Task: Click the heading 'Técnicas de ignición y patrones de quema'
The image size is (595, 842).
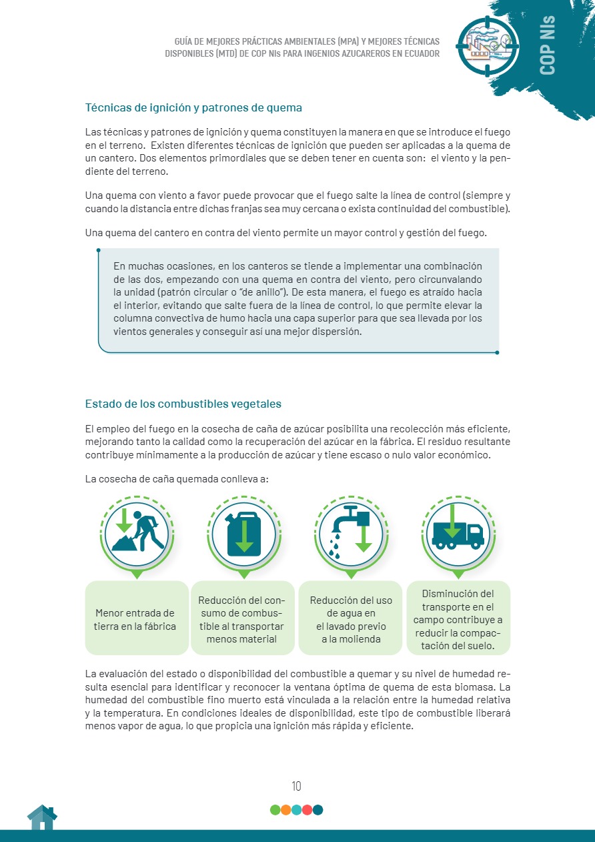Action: [193, 107]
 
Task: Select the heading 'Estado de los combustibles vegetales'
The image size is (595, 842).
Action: [183, 404]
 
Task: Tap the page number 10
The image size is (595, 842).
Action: [296, 786]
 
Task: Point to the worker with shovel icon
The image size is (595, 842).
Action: [137, 530]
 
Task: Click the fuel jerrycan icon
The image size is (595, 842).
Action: [243, 532]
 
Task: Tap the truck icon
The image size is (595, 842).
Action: [458, 530]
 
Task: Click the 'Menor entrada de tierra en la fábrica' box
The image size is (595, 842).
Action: [135, 619]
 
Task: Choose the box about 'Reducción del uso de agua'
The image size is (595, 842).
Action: [351, 619]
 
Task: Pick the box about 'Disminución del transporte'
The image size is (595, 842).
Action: [458, 619]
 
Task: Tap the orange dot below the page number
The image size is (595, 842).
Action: [285, 810]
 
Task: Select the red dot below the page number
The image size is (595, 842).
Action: [307, 810]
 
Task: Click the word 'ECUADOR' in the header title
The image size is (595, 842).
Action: [418, 53]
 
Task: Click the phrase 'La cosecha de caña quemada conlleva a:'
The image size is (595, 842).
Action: [177, 479]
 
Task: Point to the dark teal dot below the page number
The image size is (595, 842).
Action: [318, 810]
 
